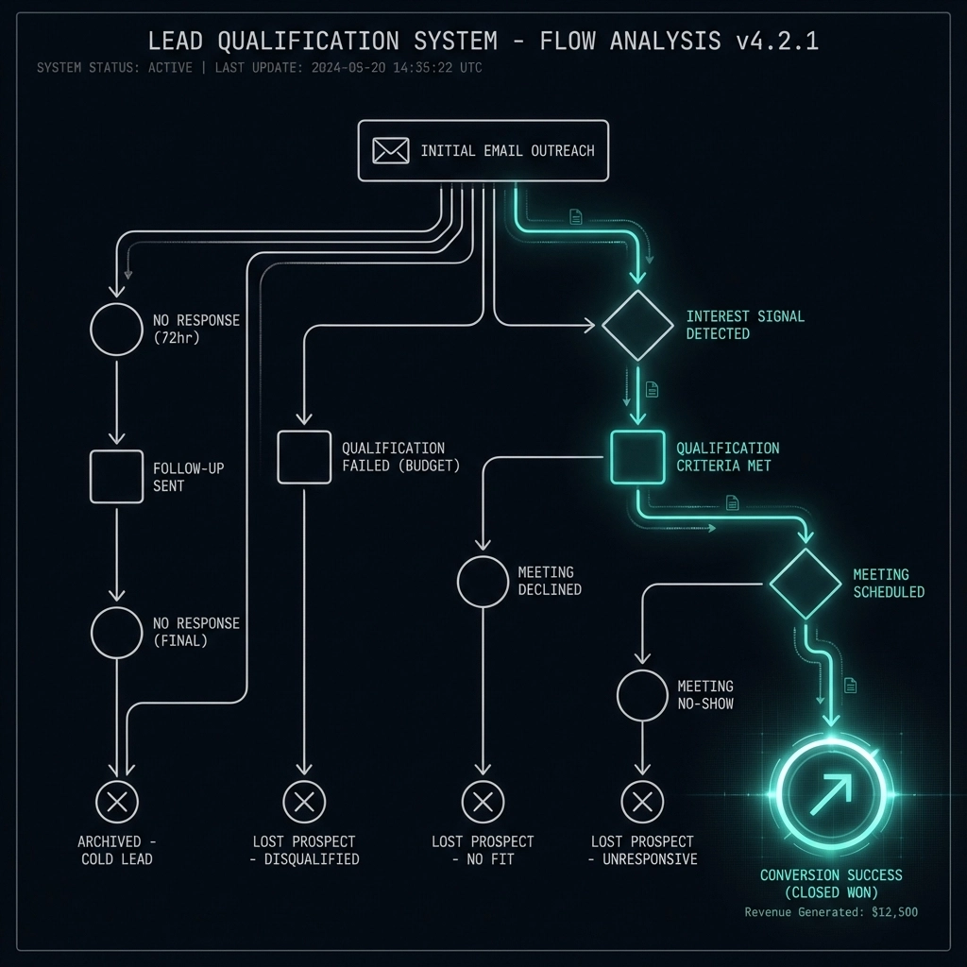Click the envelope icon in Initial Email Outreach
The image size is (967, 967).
tap(390, 150)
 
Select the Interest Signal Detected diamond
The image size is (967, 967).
tap(637, 325)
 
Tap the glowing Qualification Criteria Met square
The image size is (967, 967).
tap(637, 456)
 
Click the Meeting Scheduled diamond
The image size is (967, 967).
tap(805, 584)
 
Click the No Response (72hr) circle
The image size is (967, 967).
tap(116, 329)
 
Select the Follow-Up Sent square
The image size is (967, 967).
tap(116, 476)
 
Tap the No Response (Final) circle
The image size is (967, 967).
tap(116, 632)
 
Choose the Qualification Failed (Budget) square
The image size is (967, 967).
tap(304, 456)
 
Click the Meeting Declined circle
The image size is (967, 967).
tap(483, 580)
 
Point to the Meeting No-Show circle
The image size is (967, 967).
tap(642, 696)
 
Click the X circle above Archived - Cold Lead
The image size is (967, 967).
tap(117, 803)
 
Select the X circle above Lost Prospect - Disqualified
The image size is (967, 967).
tap(304, 803)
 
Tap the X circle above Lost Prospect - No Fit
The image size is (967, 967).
tap(483, 803)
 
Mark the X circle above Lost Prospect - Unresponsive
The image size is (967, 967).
tap(642, 803)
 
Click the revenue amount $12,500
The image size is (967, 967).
tap(893, 912)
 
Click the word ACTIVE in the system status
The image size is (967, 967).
tap(169, 68)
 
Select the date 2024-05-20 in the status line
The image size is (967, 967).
tap(344, 68)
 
